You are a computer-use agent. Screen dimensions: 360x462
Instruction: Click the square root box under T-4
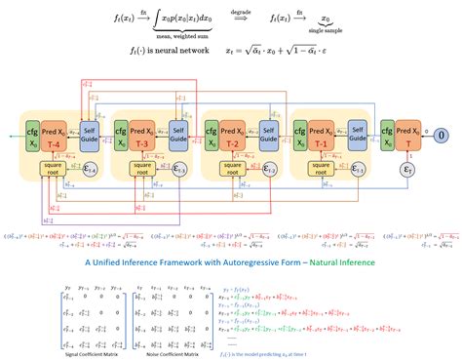click(57, 170)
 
